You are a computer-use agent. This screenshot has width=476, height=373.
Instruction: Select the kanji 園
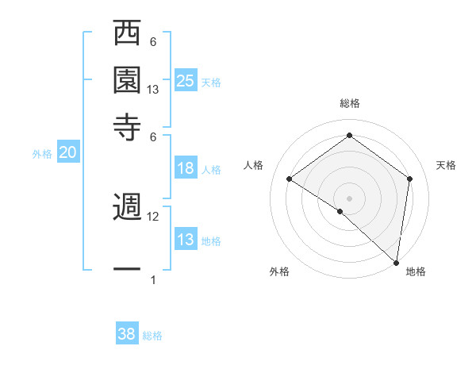(x=127, y=80)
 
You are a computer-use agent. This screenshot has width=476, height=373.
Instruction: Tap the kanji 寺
(x=127, y=126)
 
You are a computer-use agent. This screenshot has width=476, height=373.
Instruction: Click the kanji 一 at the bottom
(x=127, y=269)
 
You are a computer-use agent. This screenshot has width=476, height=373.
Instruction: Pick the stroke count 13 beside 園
(x=154, y=90)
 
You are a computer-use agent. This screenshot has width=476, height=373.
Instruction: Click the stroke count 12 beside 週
(x=154, y=217)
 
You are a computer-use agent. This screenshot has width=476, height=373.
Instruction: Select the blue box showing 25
(x=186, y=81)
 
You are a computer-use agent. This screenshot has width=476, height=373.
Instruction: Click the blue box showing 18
(x=186, y=168)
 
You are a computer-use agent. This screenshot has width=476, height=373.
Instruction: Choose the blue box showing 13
(x=186, y=240)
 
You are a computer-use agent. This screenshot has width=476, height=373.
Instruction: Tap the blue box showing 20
(x=67, y=153)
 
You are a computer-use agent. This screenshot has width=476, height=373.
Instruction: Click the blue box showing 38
(x=127, y=334)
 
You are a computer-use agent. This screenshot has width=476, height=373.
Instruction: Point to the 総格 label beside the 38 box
(x=152, y=336)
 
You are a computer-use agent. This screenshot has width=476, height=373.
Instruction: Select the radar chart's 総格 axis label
(x=350, y=103)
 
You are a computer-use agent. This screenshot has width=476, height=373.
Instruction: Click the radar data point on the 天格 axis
(x=410, y=179)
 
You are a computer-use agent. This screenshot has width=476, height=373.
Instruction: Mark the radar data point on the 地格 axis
(x=396, y=261)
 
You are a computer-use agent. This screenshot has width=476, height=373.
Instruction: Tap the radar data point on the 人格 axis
(x=290, y=179)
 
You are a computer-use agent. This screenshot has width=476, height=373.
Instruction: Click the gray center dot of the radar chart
(x=350, y=198)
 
